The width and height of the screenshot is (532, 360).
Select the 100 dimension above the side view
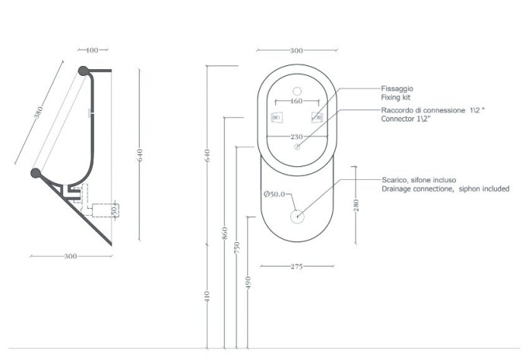91,50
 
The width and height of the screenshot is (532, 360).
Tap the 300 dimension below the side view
71,257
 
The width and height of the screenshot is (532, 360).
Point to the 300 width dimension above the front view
296,50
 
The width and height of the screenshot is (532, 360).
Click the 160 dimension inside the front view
296,101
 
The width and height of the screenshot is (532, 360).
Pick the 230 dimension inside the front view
296,136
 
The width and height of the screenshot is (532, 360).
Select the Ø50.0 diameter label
274,194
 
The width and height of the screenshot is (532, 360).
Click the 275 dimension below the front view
296,267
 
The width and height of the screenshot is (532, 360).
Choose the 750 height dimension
236,247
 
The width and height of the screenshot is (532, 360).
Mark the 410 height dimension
207,296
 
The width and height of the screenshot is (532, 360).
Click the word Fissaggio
397,89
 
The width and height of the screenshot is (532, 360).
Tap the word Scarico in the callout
394,180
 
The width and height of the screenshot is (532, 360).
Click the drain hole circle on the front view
296,216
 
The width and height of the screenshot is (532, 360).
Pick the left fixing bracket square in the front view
277,118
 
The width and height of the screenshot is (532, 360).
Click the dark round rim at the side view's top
83,71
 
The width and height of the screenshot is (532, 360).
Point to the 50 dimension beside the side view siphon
115,209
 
